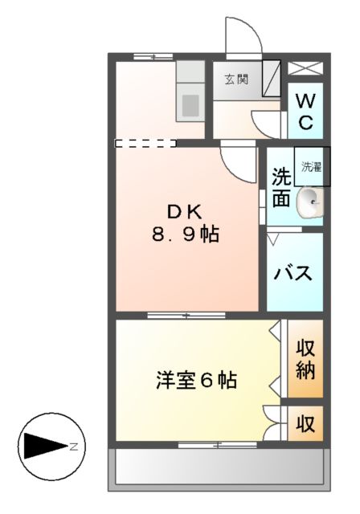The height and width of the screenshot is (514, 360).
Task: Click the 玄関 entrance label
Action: (x=235, y=79)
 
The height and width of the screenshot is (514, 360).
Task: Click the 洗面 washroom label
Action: (x=280, y=187)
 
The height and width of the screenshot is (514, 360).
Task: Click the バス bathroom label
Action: (x=294, y=271)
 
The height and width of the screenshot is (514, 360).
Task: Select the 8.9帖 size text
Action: (x=186, y=235)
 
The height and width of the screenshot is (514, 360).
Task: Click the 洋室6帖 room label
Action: (x=196, y=380)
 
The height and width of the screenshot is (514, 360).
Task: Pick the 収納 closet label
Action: (x=305, y=359)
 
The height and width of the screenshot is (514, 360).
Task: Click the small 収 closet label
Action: (x=306, y=422)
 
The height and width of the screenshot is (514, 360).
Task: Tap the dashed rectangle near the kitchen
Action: (x=145, y=144)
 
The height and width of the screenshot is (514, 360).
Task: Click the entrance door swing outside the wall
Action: (x=240, y=36)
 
